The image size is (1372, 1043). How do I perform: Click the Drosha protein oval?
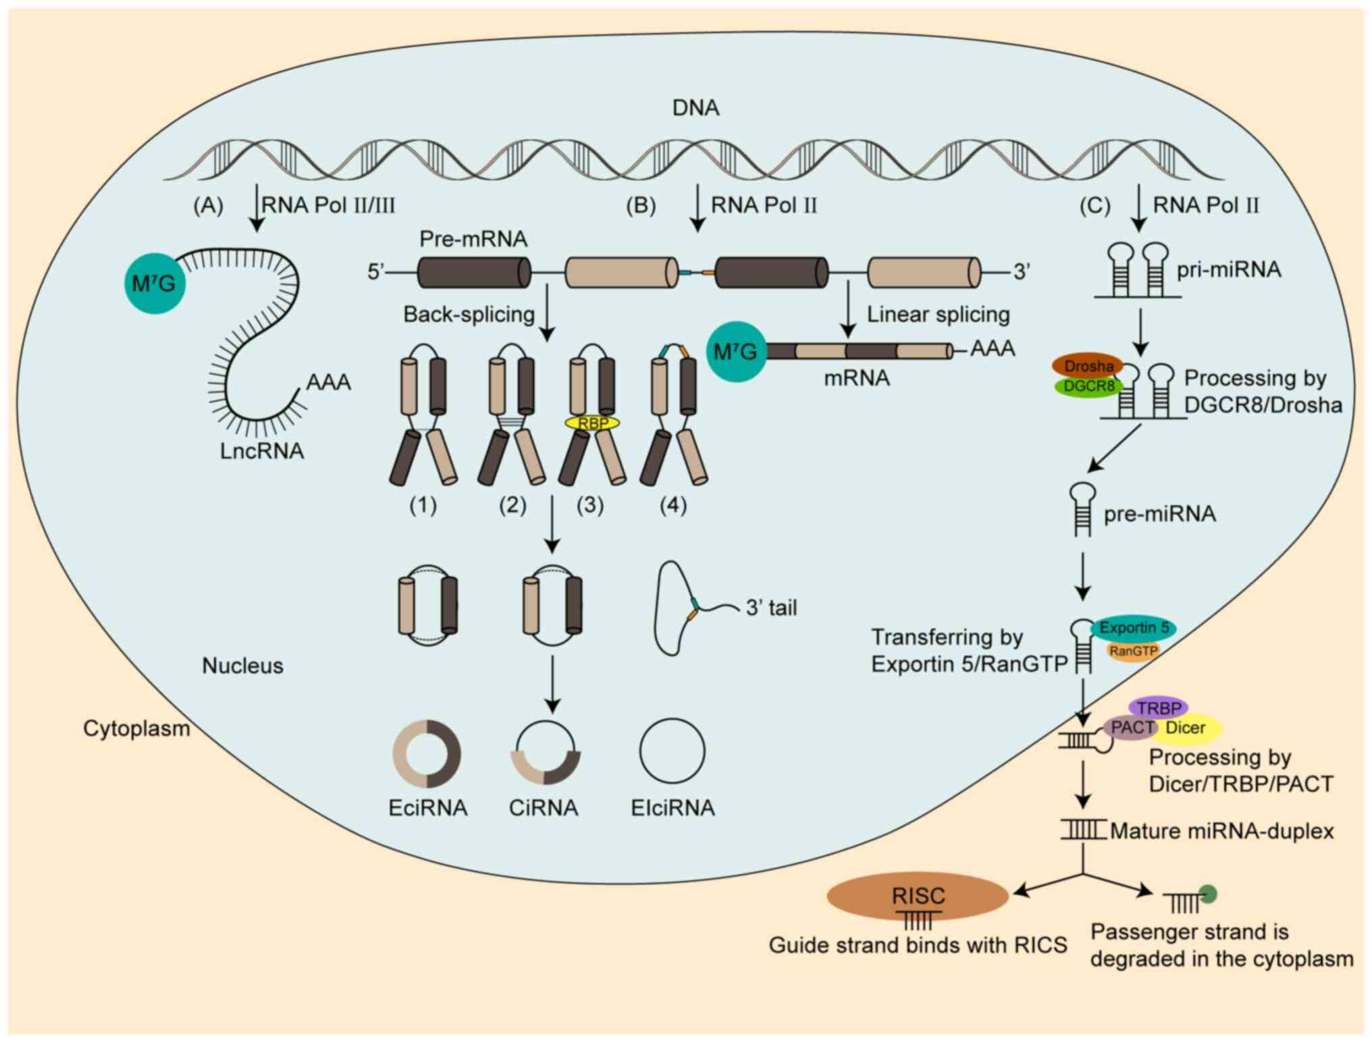1088,366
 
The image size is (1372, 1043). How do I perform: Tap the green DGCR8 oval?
1088,387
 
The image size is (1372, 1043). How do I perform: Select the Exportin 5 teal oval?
1134,628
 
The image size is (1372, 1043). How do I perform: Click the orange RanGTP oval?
1134,651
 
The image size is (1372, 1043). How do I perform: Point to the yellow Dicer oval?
1190,728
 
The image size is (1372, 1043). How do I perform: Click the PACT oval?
1132,728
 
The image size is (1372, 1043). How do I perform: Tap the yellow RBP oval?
593,423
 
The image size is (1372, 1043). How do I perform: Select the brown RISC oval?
918,896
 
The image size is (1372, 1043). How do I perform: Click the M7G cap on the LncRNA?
155,284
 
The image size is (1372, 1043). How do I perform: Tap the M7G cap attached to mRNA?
736,352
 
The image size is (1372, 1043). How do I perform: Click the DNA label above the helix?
695,108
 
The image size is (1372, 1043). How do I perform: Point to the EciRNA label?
427,808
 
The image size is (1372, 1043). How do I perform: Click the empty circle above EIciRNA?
672,751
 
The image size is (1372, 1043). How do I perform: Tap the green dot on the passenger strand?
1208,894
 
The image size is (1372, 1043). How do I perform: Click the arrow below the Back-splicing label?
548,313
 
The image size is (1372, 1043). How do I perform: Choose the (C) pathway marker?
1094,205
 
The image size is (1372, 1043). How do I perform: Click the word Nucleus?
242,666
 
